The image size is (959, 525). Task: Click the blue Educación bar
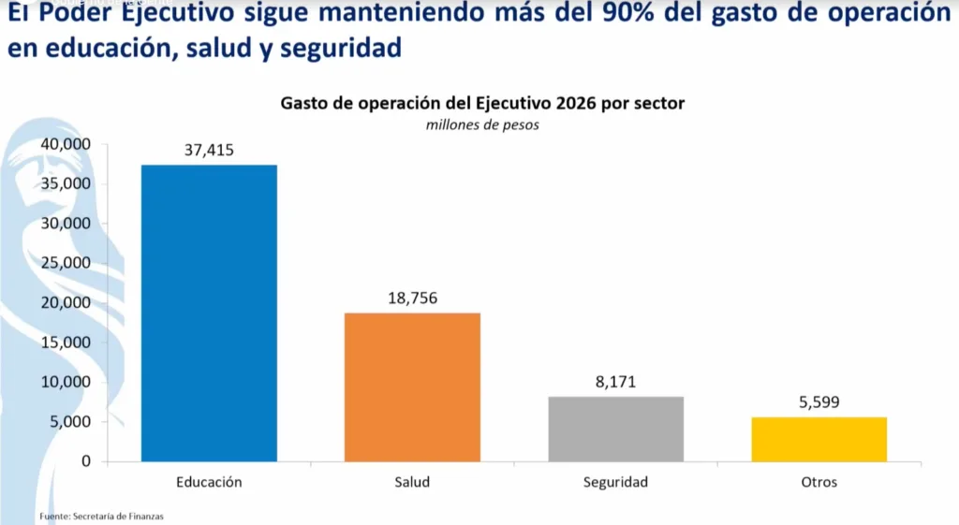tap(209, 313)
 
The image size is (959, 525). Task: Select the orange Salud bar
tap(412, 386)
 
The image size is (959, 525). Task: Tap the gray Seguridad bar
tap(615, 429)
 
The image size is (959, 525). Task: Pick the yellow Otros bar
tap(819, 439)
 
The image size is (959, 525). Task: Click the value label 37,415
tap(209, 150)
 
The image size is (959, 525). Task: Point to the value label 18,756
tap(412, 298)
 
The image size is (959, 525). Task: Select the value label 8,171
tap(615, 382)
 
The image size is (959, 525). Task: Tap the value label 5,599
tap(819, 402)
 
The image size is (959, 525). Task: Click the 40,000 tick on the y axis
tap(65, 144)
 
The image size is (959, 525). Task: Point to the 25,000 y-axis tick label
tap(65, 263)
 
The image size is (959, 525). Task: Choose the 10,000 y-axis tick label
tap(65, 382)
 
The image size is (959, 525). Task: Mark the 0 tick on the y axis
tap(85, 461)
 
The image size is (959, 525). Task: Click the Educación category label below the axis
tap(209, 483)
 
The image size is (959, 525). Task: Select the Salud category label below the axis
tap(412, 483)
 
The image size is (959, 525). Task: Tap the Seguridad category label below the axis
tap(615, 483)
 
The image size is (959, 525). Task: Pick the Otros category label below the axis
tap(819, 483)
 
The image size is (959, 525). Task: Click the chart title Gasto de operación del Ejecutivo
tap(482, 103)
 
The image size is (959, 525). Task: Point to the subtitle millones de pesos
tap(482, 124)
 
